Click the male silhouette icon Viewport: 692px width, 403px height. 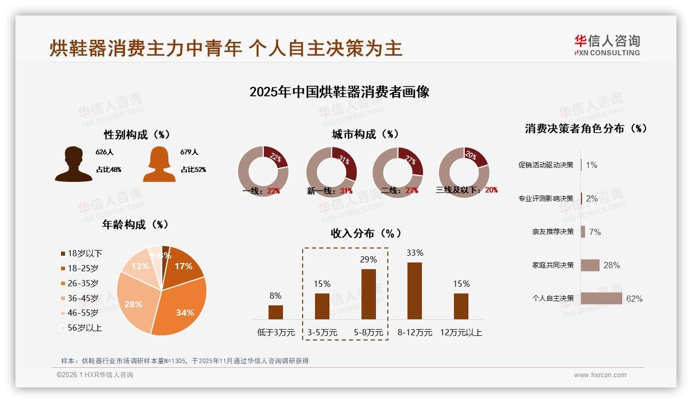pos(74,164)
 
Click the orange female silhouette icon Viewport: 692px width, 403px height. pos(159,164)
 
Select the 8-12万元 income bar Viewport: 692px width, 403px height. pos(415,291)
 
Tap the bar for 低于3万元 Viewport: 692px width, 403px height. pos(276,312)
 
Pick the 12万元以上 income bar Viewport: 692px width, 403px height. pos(461,306)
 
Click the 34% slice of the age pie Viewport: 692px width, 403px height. pos(181,307)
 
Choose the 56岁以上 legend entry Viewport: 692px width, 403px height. pos(81,328)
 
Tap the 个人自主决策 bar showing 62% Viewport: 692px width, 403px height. pos(601,299)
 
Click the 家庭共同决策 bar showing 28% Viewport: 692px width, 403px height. pos(590,265)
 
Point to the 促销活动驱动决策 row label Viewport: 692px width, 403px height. pos(546,165)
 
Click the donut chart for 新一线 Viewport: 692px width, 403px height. pos(332,172)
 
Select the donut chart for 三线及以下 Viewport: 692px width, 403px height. pos(464,172)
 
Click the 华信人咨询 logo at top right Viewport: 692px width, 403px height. pos(607,45)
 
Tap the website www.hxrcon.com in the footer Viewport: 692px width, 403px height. pos(600,375)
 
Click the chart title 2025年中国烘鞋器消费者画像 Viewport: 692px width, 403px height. pos(339,92)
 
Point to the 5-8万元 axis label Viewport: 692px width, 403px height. pos(368,333)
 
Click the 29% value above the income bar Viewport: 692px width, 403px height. pos(368,259)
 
